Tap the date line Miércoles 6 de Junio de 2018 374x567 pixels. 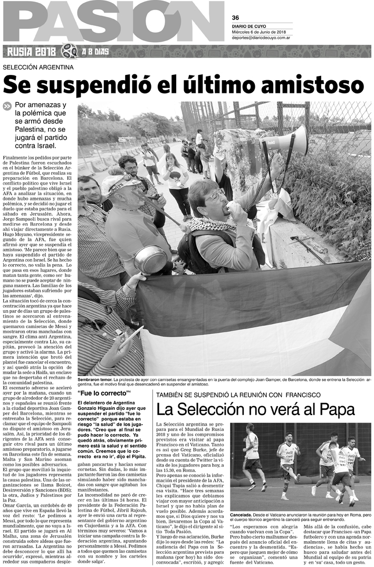(262, 31)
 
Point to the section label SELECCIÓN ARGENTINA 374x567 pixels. (38, 67)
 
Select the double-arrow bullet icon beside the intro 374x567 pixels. (7, 106)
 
